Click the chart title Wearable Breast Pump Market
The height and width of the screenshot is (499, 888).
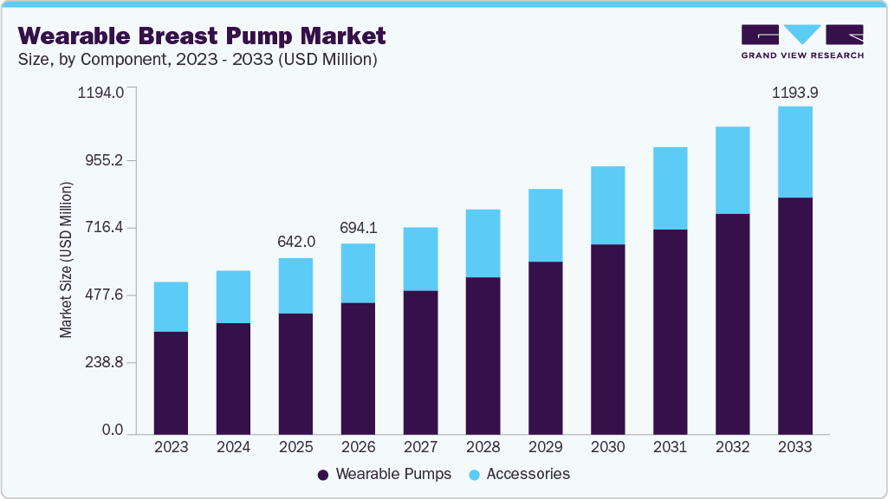point(201,36)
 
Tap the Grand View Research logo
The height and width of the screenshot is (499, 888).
point(801,42)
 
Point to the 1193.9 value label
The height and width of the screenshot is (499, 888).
point(794,92)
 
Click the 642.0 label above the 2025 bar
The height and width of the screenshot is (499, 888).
point(295,242)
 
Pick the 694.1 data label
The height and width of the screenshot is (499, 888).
point(358,227)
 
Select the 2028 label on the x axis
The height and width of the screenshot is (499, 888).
point(483,447)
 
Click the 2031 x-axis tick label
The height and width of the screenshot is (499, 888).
point(670,447)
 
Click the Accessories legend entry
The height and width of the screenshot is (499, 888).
point(519,474)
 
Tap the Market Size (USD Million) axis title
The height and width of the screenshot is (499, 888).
point(66,260)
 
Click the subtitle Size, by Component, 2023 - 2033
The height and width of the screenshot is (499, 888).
point(197,59)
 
